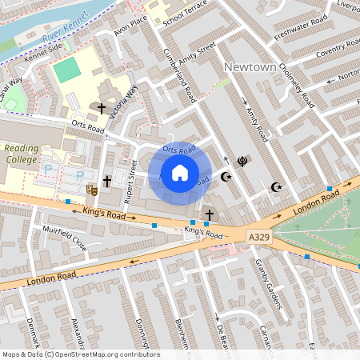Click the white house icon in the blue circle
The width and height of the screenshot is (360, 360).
click(x=180, y=172)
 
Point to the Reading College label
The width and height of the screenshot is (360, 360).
click(x=21, y=153)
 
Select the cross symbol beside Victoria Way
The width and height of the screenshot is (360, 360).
click(x=102, y=108)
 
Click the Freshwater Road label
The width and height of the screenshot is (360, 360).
click(x=301, y=28)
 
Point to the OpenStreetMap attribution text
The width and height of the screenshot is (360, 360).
click(x=80, y=354)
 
